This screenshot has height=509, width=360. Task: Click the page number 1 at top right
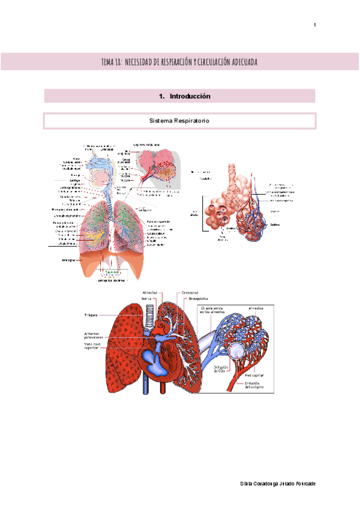coord(314,25)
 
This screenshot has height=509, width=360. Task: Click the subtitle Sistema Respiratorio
coord(179,121)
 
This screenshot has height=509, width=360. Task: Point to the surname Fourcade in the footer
coord(303,484)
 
